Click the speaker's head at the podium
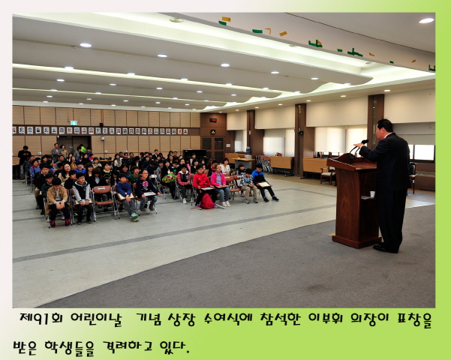pyautogui.click(x=384, y=126)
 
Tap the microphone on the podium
pyautogui.click(x=364, y=142)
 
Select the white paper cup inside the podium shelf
pyautogui.click(x=371, y=193)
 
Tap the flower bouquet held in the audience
pyautogui.click(x=168, y=178)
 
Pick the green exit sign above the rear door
pyautogui.click(x=212, y=131)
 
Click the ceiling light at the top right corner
pyautogui.click(x=426, y=20)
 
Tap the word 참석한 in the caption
pyautogui.click(x=287, y=319)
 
